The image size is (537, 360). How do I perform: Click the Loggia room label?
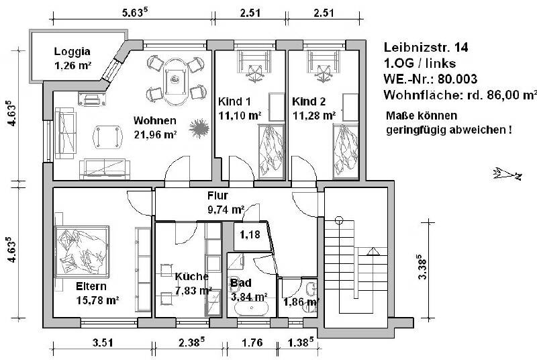coord(72,51)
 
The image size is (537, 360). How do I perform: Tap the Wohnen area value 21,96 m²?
coord(155,134)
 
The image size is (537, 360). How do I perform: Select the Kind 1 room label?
coord(234,102)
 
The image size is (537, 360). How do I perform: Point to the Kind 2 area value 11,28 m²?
coord(313,115)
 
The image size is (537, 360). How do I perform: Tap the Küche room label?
coord(191,276)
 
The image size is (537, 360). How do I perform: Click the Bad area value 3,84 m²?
coord(249,295)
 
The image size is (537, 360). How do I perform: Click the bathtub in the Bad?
coord(252,310)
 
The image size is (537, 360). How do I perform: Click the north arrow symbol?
coord(507,174)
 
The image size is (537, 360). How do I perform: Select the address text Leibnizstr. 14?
coord(426,48)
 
